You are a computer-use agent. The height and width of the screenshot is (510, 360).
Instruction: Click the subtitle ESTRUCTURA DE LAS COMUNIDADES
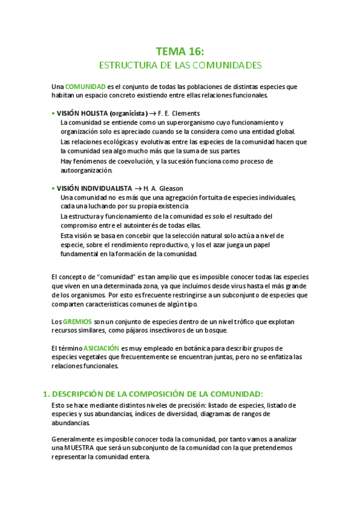coord(180,64)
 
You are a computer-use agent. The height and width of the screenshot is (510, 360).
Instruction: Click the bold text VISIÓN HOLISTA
coord(83,113)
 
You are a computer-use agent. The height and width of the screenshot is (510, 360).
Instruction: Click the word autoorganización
coord(86,170)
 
